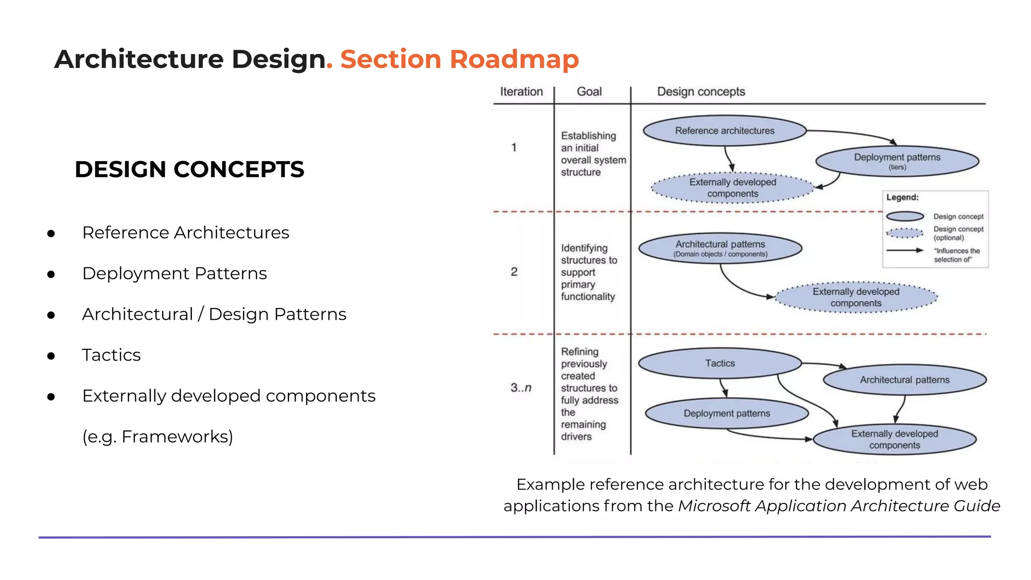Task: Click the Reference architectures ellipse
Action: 724,131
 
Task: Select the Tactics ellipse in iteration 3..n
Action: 719,363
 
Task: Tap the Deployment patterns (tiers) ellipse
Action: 897,161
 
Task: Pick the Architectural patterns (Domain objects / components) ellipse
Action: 720,248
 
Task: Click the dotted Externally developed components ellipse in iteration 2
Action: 856,297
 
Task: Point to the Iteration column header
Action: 521,92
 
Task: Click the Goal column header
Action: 589,92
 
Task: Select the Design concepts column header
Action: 701,92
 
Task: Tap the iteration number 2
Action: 514,272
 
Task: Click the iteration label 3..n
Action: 521,388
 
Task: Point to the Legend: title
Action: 902,197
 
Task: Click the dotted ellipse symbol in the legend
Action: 905,233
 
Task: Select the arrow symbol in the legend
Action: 905,250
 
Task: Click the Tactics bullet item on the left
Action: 111,355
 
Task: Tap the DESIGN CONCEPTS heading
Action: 189,169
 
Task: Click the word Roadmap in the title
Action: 514,59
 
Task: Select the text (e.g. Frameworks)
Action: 158,437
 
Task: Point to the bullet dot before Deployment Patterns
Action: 51,274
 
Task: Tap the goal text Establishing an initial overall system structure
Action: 593,154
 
